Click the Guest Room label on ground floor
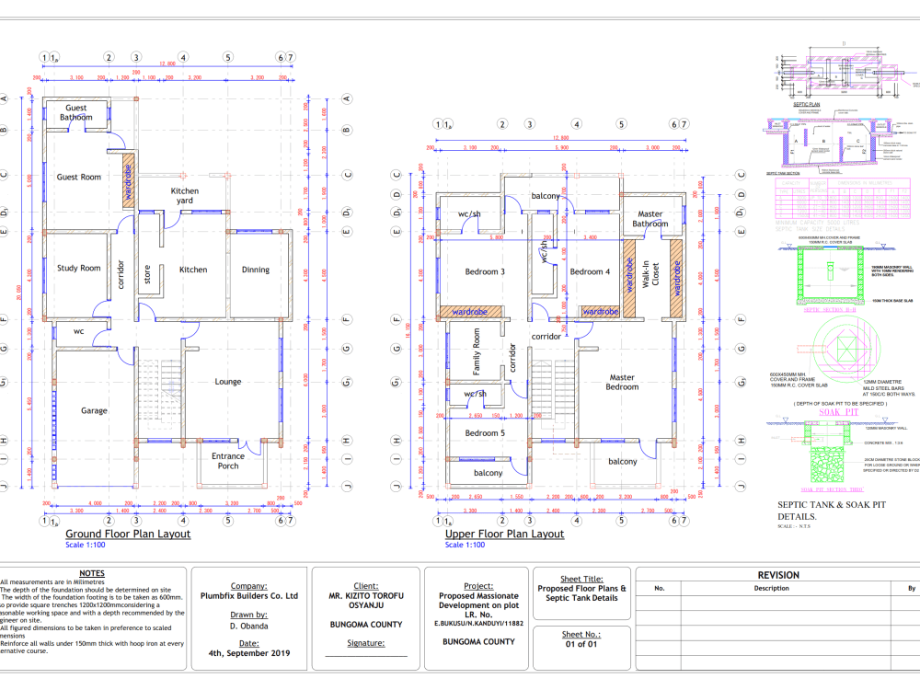[x=78, y=177]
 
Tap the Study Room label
[x=79, y=269]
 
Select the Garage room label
[x=94, y=410]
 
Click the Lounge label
[x=228, y=382]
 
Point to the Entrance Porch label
[x=228, y=461]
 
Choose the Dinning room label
[x=256, y=270]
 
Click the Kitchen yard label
[x=185, y=196]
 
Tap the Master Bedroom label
[x=622, y=382]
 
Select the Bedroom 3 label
[x=484, y=271]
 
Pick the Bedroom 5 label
[x=485, y=432]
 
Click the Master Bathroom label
[x=650, y=219]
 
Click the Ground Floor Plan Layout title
[x=128, y=534]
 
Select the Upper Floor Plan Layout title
[x=504, y=534]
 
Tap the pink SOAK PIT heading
[x=831, y=412]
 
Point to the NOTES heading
[x=92, y=573]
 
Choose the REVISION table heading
[x=777, y=575]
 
